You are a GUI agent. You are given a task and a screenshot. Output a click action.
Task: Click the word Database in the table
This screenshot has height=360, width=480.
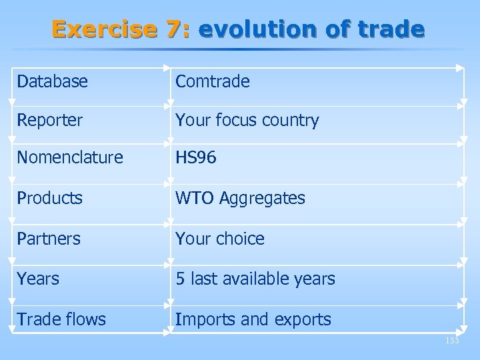coord(53,81)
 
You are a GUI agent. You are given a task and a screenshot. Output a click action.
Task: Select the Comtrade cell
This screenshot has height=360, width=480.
coord(213,81)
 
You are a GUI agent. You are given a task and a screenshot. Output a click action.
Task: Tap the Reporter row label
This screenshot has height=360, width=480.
coord(51,121)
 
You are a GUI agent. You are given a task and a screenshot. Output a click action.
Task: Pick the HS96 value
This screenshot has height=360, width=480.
coord(197,159)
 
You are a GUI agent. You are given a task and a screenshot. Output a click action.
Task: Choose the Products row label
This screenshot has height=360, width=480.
coord(50,199)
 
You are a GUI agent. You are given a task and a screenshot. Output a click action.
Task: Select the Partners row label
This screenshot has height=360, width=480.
coord(49,238)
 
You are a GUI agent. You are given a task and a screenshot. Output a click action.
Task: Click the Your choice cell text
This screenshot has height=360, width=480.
coord(220,238)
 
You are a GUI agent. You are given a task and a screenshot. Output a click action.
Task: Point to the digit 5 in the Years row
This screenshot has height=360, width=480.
coord(180,279)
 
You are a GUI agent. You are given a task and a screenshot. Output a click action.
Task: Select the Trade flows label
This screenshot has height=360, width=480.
coord(61,319)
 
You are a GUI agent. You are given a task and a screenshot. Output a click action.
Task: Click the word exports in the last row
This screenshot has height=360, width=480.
coord(301,320)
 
